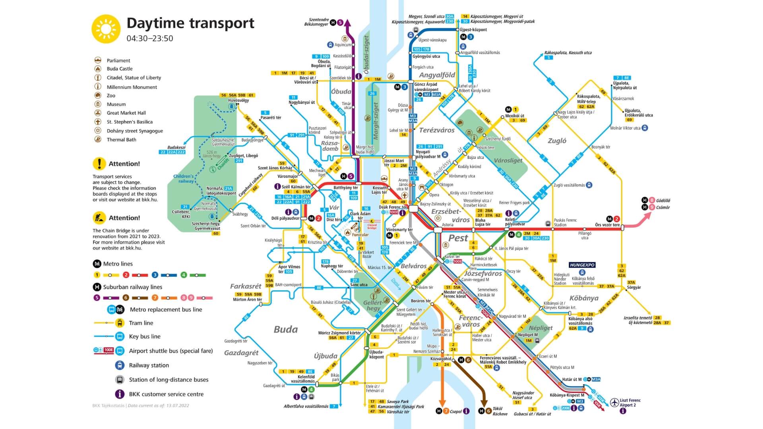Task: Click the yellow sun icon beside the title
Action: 106,29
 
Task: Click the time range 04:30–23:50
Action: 150,39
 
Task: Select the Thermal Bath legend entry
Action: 121,140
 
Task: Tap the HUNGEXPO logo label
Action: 582,265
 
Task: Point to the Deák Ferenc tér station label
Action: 393,207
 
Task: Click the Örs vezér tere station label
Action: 607,225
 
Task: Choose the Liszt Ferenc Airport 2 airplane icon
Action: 614,402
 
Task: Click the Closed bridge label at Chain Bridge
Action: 372,226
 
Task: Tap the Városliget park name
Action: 508,160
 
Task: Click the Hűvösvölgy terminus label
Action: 238,100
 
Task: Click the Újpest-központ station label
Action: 473,30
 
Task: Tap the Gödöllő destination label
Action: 663,201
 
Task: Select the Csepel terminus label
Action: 455,412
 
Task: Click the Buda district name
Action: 285,329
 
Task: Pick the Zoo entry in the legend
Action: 111,96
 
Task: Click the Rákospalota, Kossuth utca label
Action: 567,53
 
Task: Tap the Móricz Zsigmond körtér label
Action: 339,333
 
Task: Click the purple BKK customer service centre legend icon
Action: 120,394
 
